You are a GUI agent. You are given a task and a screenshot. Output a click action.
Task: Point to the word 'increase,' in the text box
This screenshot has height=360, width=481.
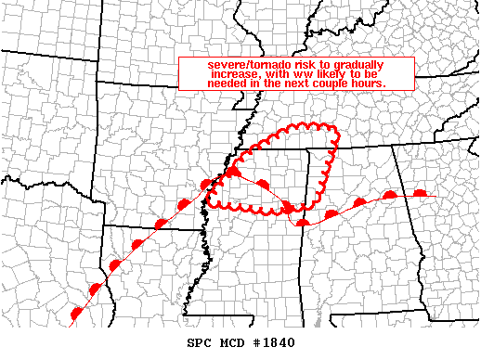[214, 73]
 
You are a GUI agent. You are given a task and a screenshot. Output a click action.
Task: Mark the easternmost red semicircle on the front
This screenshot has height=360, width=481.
[420, 193]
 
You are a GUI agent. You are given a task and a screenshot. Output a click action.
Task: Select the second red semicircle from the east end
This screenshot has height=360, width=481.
[390, 195]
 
